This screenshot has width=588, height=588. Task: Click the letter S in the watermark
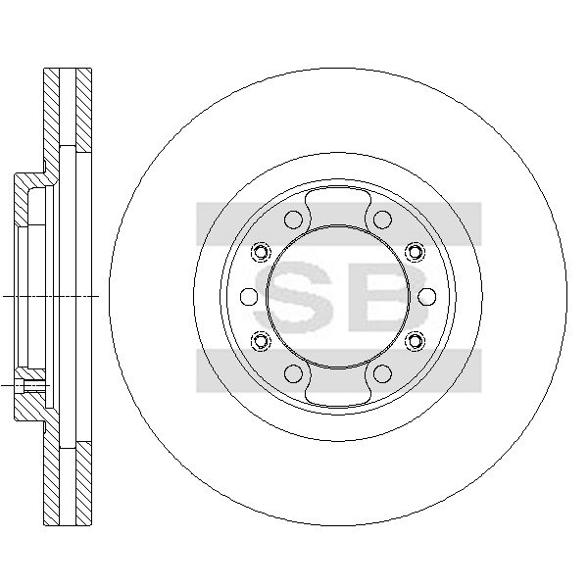(x=294, y=297)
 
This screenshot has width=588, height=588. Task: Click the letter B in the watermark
(x=388, y=297)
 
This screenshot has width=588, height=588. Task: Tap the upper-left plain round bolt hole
(x=293, y=220)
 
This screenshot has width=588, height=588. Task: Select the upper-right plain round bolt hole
(x=382, y=220)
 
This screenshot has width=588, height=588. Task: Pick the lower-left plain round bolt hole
(x=293, y=373)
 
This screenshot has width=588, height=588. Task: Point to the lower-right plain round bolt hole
(x=382, y=373)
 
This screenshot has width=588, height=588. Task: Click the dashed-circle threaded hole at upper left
(x=261, y=252)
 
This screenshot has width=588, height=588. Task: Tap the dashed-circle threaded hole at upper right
(x=415, y=252)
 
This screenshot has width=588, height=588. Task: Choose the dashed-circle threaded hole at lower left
(x=261, y=341)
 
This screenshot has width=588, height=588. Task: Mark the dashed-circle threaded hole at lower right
(x=415, y=341)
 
